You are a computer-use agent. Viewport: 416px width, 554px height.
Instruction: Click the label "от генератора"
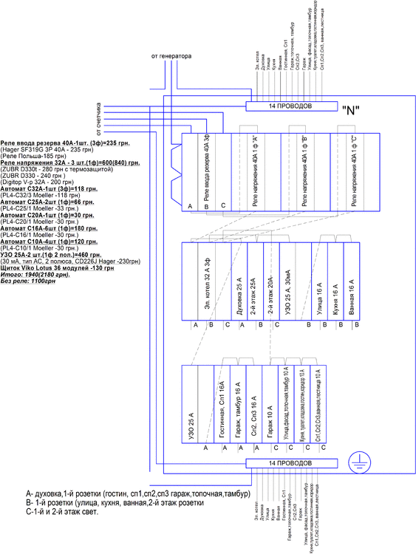[x=171, y=55]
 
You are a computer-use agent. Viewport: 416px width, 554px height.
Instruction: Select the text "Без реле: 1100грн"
[x=29, y=281]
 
